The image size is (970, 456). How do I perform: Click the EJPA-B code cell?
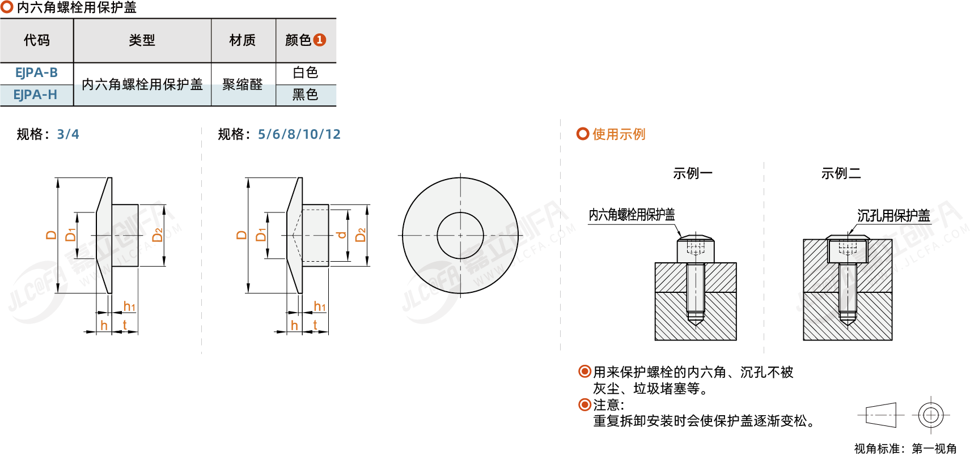[36, 73]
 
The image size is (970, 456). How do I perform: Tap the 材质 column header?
[243, 40]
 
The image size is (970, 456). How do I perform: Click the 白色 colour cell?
[306, 73]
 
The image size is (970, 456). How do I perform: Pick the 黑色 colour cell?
[306, 95]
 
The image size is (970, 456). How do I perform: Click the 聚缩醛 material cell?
[243, 84]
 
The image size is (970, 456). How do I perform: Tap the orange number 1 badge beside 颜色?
[320, 40]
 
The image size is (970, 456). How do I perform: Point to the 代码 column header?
[37, 40]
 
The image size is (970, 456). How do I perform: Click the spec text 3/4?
[68, 134]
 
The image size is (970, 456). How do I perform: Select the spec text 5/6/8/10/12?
[299, 134]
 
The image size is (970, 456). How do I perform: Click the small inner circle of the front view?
[460, 235]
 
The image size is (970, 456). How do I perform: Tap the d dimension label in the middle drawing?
[341, 235]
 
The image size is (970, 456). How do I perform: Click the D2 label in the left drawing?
[158, 235]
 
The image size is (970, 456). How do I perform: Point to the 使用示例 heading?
[619, 134]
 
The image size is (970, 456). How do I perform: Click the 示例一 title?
[692, 173]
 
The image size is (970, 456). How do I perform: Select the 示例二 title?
[841, 173]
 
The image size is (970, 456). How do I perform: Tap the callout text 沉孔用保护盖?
[893, 216]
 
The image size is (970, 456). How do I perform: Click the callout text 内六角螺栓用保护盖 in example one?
[632, 215]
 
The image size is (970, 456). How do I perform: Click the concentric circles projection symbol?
[931, 415]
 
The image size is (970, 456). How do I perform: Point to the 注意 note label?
[608, 405]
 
